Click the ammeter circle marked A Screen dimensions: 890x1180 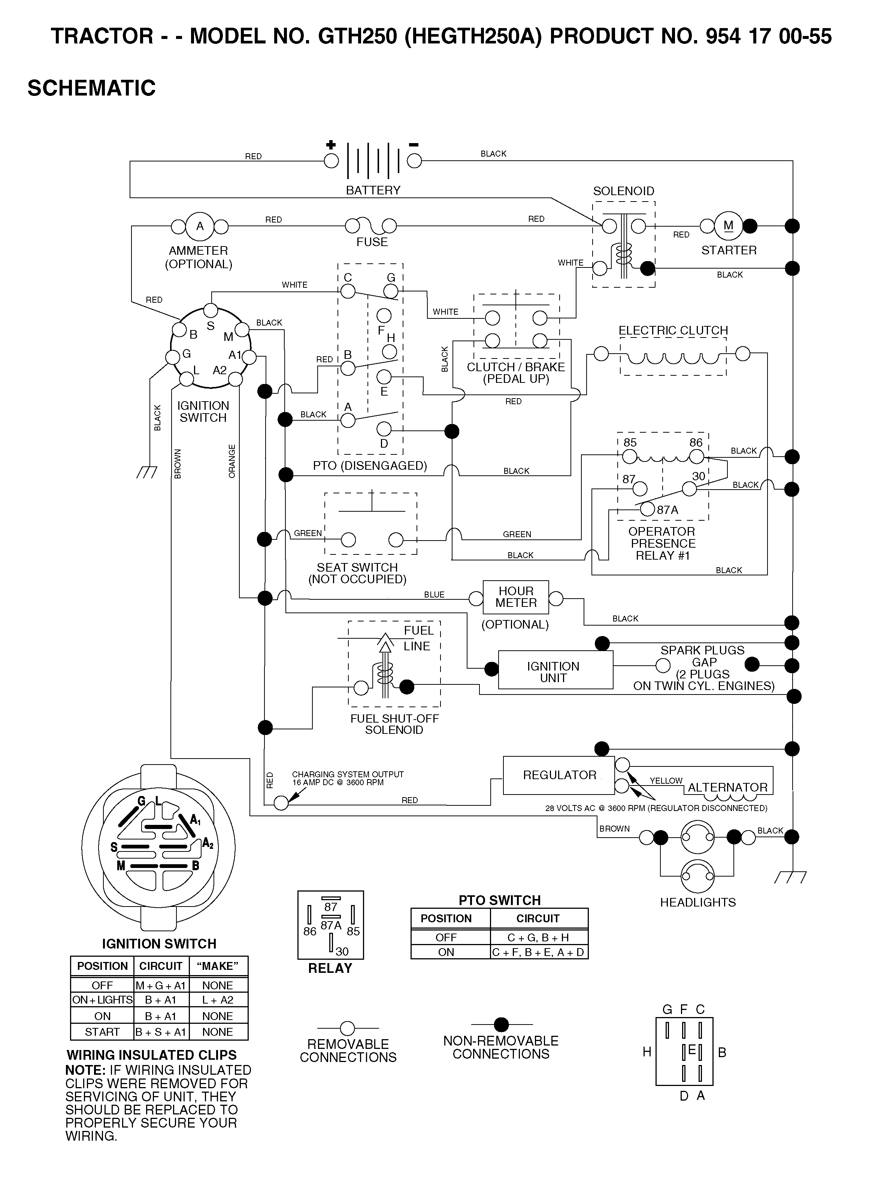200,226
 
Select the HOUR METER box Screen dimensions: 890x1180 516,597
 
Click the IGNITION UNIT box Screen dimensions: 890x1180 556,670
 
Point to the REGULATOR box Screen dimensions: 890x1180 558,775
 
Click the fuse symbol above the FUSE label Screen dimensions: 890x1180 371,226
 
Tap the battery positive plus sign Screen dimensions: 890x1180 331,145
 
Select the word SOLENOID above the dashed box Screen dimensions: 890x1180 624,191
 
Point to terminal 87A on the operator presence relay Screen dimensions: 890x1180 647,509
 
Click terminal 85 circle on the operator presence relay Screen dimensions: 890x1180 630,457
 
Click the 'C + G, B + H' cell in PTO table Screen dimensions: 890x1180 538,937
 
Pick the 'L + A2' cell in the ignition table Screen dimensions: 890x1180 218,1000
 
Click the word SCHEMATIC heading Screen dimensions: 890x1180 92,88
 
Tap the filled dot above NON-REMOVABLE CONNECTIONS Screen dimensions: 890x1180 501,1024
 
